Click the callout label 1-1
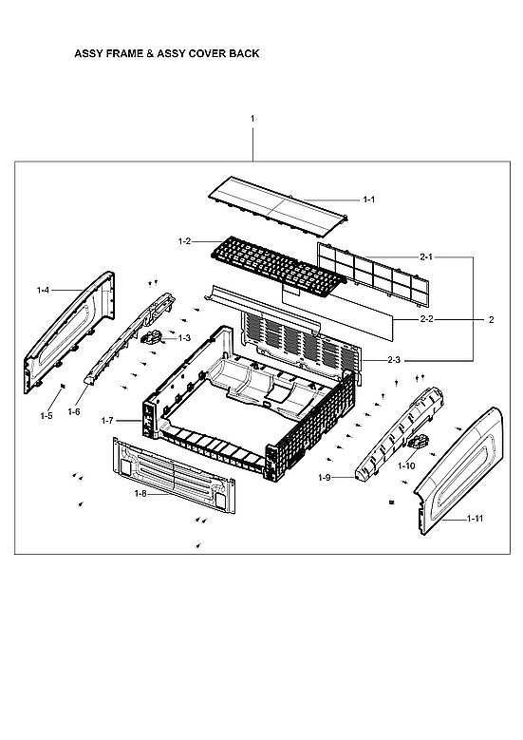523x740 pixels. (x=369, y=199)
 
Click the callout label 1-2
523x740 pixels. (x=184, y=241)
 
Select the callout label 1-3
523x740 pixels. (x=183, y=337)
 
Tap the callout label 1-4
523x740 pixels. (x=43, y=289)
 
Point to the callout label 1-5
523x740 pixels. (x=47, y=416)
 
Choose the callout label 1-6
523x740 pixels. (x=73, y=411)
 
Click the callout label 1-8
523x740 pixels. (x=140, y=494)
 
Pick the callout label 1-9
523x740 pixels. (x=325, y=476)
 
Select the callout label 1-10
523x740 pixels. (x=406, y=465)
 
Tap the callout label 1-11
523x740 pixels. (x=475, y=519)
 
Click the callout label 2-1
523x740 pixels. (x=426, y=256)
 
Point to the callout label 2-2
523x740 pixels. (x=426, y=320)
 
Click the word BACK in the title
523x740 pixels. (x=244, y=54)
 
